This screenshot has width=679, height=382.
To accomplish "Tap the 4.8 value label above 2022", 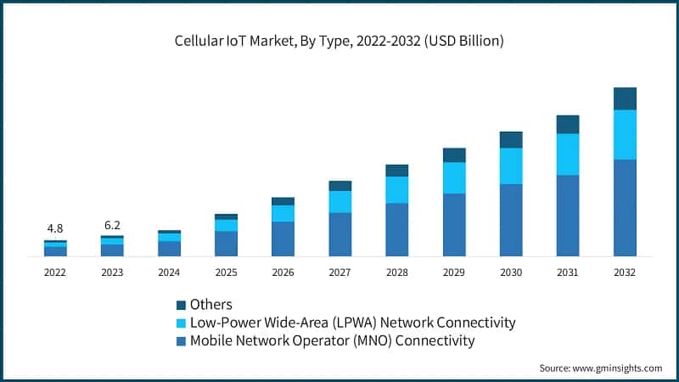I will click(x=55, y=228).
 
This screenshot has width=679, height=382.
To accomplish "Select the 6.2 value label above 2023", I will click(x=112, y=225).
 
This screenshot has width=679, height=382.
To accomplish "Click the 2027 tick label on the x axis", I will click(x=339, y=272).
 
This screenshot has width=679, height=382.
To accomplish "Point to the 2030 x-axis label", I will click(x=510, y=272).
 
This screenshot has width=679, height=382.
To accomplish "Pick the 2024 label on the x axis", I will click(x=169, y=272).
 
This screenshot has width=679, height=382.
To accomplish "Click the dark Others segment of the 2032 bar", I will click(x=625, y=98).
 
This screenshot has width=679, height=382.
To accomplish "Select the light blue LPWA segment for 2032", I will click(x=625, y=134).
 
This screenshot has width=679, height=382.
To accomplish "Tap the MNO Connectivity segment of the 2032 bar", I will click(x=625, y=207).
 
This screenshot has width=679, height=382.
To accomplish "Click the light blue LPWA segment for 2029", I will click(x=454, y=177).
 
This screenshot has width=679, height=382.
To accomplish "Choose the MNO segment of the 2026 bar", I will click(x=283, y=239).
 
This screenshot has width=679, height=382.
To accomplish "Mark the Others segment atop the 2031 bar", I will click(x=568, y=124).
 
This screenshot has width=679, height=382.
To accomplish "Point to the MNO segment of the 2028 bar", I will click(x=396, y=229).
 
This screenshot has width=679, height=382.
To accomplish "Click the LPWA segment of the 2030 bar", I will click(x=511, y=166).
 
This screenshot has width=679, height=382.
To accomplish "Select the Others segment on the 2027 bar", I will click(x=339, y=185).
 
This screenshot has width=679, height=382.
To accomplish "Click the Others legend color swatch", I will click(x=181, y=305).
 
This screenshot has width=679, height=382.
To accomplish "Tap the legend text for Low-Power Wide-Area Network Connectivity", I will click(x=352, y=323).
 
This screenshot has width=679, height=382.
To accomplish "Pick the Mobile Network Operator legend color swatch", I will click(x=181, y=341).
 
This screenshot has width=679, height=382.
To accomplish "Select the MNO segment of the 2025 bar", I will click(x=226, y=244).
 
